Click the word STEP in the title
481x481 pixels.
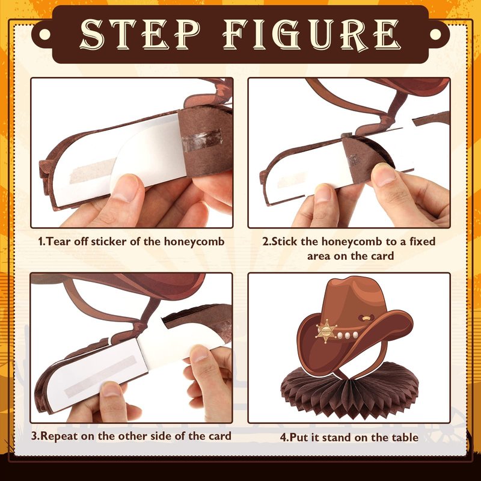click(x=140, y=34)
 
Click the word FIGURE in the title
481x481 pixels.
click(x=312, y=34)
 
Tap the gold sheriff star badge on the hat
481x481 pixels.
click(x=326, y=332)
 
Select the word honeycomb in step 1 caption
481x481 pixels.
click(x=194, y=242)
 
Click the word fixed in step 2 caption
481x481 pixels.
click(x=423, y=242)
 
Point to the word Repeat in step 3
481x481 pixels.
click(x=58, y=437)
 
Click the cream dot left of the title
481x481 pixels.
click(x=44, y=34)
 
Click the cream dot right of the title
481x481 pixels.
click(x=435, y=34)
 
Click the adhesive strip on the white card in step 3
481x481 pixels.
click(x=100, y=375)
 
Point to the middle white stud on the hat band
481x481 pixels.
click(x=348, y=335)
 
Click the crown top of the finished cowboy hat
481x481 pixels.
click(x=356, y=284)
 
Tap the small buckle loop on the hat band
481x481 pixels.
click(x=366, y=318)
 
